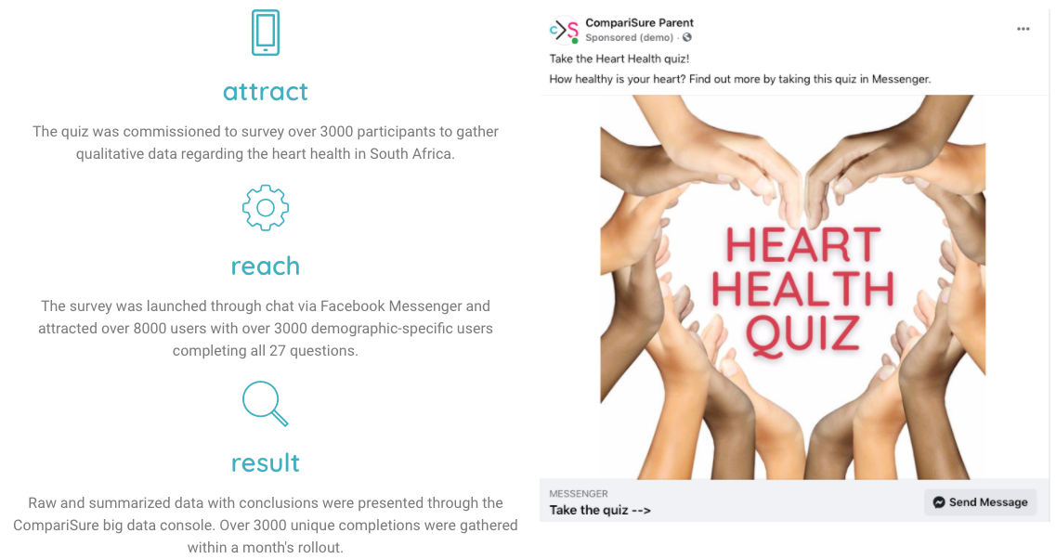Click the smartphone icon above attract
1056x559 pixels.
(x=266, y=32)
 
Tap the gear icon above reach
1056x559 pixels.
(x=266, y=207)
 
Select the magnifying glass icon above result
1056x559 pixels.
(x=265, y=403)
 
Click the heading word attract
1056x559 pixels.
(x=266, y=92)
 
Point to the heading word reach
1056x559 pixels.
(x=266, y=266)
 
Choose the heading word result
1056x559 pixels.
(x=266, y=462)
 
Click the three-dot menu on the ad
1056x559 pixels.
(x=1023, y=29)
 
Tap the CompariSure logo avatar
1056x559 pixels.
(x=564, y=30)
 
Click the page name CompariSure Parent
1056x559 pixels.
(x=639, y=23)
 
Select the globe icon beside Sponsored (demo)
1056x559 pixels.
(x=687, y=38)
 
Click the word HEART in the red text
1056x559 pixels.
(x=802, y=245)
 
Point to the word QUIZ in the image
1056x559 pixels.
(x=802, y=333)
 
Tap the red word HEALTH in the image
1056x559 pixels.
(x=802, y=289)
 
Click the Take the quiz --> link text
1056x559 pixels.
(x=600, y=510)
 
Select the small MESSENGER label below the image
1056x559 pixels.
(x=579, y=494)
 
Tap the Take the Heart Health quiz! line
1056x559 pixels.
(x=619, y=58)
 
